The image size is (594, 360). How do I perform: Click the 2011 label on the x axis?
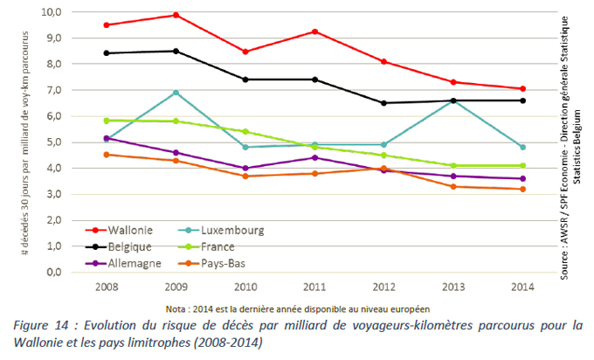pos(315,287)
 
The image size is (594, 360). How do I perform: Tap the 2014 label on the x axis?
pos(522,287)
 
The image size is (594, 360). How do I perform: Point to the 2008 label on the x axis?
pos(107,287)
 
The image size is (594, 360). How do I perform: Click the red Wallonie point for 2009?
pos(176,15)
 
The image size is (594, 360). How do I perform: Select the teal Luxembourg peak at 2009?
pos(176,93)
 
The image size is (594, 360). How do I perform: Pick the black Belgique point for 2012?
pos(383,103)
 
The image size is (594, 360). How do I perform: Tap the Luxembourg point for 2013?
pos(453,100)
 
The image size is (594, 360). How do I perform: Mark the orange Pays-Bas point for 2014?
pos(522,189)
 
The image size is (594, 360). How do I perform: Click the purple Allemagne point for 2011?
pos(314,157)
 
